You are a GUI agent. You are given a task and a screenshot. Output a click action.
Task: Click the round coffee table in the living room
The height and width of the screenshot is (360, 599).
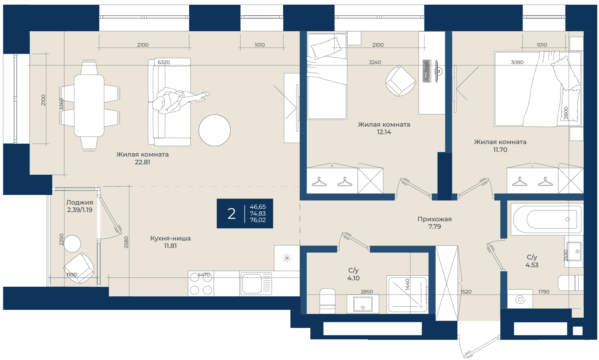point(215,130)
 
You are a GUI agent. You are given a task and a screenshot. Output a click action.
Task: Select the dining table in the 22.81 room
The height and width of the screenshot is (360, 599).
point(89,106)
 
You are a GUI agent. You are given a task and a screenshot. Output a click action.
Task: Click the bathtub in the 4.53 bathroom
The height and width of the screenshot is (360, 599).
point(547,219)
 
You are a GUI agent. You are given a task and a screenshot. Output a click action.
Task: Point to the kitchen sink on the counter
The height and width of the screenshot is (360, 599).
point(256,284)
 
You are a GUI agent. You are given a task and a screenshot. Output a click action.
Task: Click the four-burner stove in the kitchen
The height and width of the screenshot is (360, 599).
point(201,284)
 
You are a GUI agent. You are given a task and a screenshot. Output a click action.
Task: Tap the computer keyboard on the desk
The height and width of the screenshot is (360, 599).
point(427,71)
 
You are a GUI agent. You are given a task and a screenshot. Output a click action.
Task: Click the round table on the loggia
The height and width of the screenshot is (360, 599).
point(72,244)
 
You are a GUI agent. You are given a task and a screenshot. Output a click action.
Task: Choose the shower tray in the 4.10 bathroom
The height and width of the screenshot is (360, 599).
point(408,295)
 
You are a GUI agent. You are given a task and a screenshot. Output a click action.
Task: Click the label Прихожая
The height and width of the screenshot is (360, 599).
point(435,219)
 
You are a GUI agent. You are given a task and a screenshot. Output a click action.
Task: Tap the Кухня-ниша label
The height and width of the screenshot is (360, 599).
point(170,238)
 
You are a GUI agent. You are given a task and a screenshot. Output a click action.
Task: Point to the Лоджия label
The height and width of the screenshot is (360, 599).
point(80,202)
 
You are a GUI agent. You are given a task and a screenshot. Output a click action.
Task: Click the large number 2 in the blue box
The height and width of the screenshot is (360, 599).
point(232,213)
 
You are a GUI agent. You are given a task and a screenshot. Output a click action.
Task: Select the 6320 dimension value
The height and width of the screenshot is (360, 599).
point(164,62)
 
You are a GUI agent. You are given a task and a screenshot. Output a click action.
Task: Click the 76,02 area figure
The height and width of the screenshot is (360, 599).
point(258,220)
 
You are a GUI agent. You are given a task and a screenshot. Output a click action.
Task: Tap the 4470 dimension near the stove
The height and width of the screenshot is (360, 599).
point(204,275)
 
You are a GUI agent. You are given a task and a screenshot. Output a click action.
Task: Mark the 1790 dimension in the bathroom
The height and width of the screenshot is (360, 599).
point(543,292)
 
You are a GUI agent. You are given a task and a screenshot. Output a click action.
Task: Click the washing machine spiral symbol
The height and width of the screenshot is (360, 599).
point(520,299)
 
